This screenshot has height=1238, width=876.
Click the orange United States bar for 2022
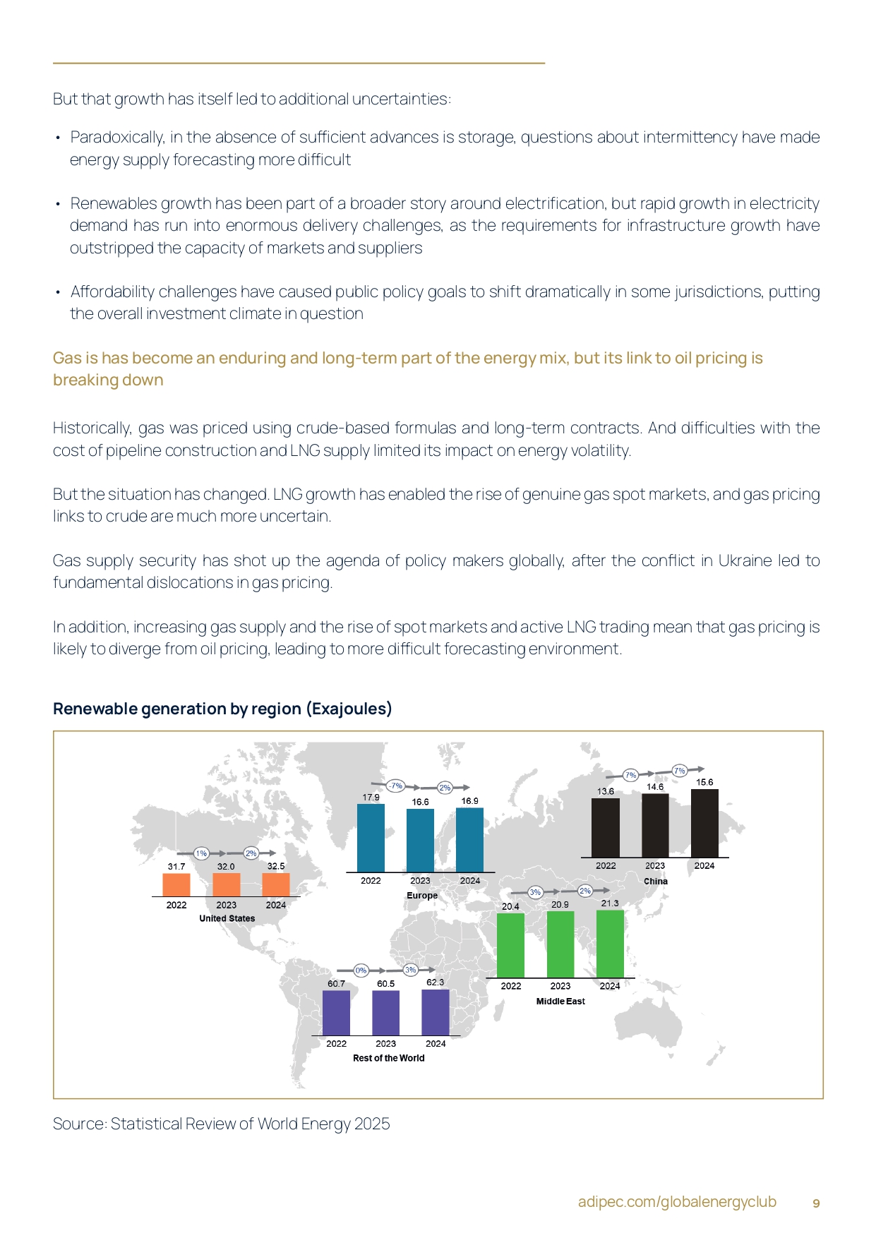(176, 885)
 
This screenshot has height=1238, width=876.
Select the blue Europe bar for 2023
(420, 840)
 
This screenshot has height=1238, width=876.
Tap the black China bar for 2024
(704, 823)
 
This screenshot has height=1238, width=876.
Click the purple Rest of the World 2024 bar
(436, 1012)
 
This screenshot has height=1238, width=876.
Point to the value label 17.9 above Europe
(371, 798)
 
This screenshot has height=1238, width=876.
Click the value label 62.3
(436, 982)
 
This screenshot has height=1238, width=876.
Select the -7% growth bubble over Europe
(395, 786)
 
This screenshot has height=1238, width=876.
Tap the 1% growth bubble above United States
(201, 853)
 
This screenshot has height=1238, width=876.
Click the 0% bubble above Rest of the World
(361, 970)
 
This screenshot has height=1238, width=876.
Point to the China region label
(655, 881)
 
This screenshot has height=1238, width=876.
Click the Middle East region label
(560, 1001)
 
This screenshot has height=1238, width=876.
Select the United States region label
(227, 918)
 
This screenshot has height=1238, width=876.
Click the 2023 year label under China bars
(655, 865)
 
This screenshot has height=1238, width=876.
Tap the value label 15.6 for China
(704, 782)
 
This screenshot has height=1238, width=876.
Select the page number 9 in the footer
(816, 1203)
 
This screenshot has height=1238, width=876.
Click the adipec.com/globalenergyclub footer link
(677, 1202)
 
